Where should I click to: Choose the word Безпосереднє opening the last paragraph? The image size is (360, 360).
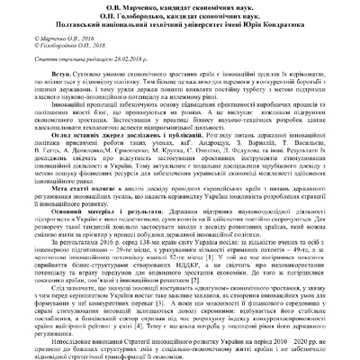(58, 343)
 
